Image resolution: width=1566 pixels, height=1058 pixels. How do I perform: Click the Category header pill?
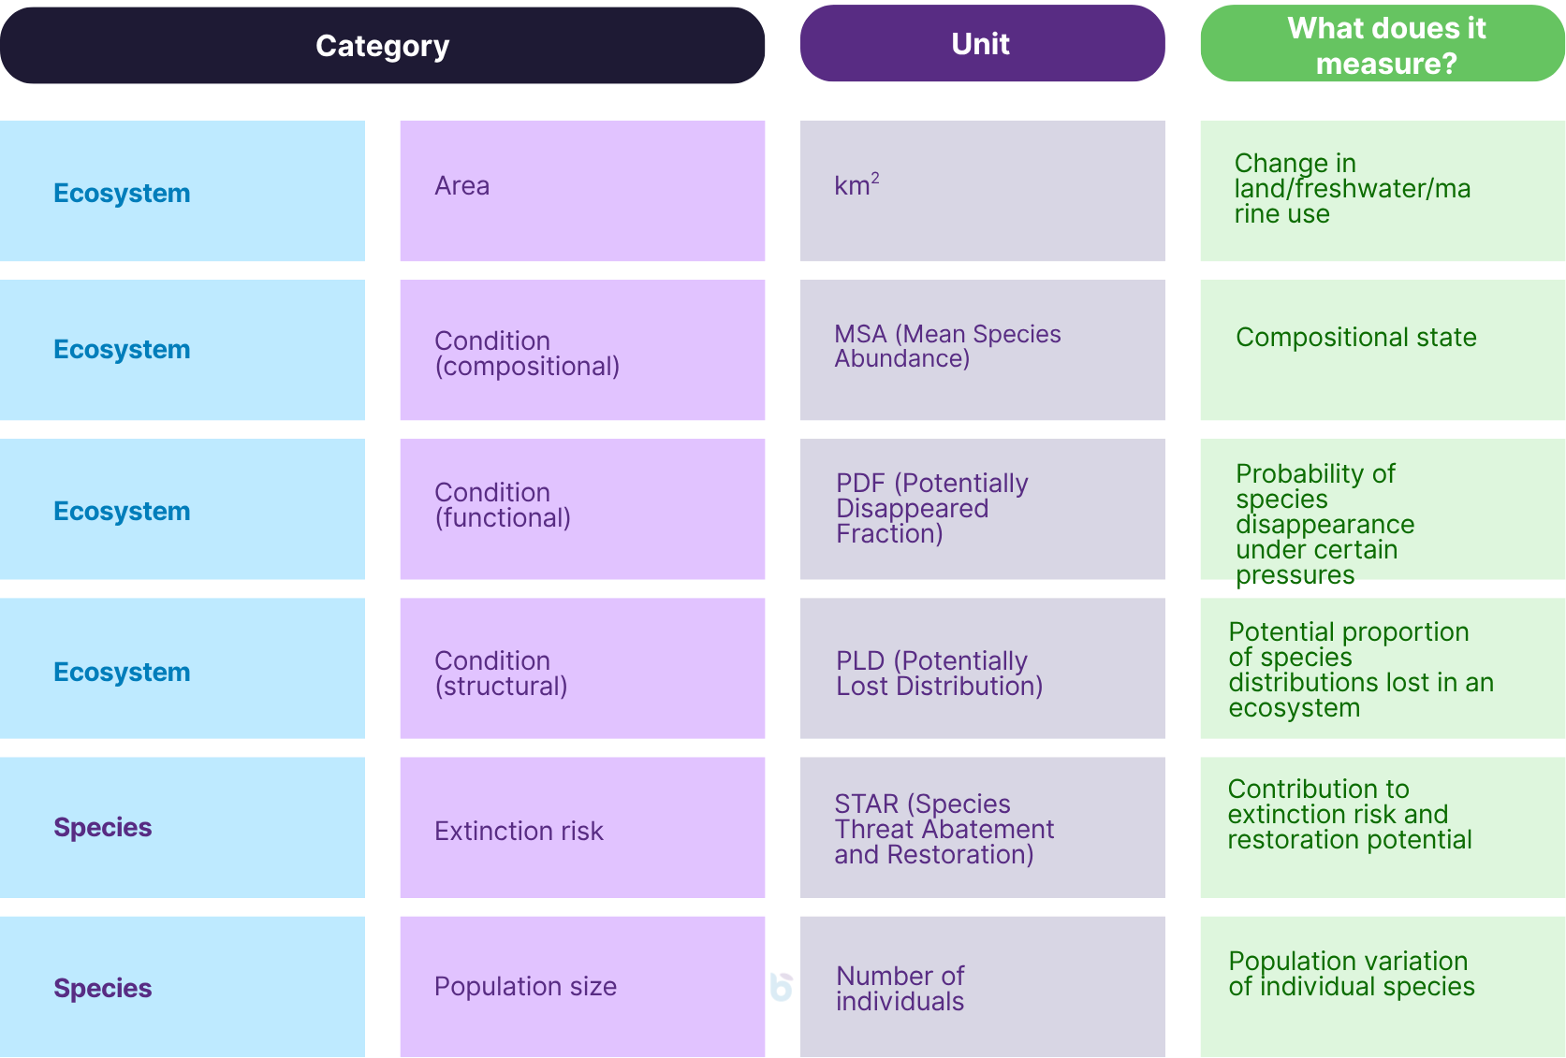click(x=382, y=46)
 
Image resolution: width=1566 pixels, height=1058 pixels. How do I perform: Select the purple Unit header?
click(x=981, y=44)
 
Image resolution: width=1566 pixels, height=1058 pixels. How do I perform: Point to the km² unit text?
click(x=856, y=185)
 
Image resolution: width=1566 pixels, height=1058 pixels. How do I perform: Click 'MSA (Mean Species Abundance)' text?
click(x=947, y=346)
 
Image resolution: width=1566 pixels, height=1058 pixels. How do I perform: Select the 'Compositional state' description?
click(x=1355, y=338)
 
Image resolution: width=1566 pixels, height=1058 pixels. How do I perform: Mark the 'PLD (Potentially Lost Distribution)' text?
click(x=939, y=674)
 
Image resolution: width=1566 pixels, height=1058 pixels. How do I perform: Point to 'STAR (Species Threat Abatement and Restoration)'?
click(x=944, y=829)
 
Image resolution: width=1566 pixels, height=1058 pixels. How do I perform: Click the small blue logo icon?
click(x=781, y=987)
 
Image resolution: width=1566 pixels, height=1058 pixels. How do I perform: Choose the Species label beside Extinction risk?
click(x=103, y=828)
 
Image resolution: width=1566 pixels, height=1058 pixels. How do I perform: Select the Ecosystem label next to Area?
click(x=122, y=193)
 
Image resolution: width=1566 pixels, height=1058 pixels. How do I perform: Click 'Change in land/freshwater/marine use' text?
click(x=1352, y=189)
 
